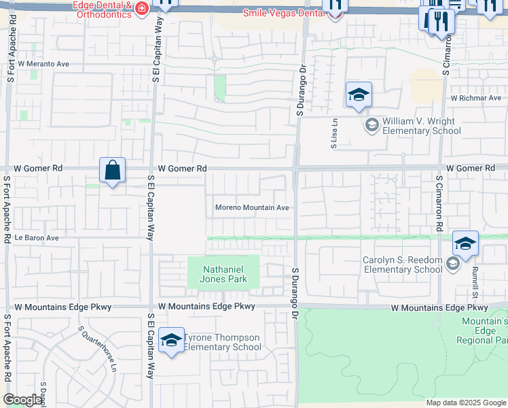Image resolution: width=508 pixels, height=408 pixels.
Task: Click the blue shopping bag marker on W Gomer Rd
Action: pos(112,170)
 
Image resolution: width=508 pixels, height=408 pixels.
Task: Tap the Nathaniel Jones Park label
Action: pos(223,274)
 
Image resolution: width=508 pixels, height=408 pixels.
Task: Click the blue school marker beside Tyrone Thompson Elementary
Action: pos(171,340)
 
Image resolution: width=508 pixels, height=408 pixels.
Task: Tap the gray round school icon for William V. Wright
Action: pos(371,124)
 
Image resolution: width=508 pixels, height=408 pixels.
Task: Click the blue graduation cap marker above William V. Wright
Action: pos(359,95)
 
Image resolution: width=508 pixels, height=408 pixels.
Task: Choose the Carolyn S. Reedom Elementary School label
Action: pos(402,265)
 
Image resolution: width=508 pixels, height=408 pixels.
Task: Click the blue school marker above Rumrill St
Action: pos(465,243)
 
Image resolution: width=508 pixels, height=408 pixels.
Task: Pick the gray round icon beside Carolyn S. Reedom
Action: pos(453,264)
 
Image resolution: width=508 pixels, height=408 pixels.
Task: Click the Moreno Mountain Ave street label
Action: pos(252,208)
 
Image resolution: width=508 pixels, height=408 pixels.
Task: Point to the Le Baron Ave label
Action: pos(38,239)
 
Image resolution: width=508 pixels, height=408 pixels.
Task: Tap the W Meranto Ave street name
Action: pos(44,64)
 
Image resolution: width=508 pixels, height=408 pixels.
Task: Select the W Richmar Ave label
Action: pos(475,98)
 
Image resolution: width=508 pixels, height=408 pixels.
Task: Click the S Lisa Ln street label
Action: pos(334,133)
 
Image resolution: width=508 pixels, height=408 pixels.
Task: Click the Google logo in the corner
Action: pos(22,400)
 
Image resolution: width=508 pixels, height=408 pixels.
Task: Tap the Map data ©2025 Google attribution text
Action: pos(465,403)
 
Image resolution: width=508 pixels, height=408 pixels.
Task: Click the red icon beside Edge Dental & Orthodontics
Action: pos(142,9)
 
